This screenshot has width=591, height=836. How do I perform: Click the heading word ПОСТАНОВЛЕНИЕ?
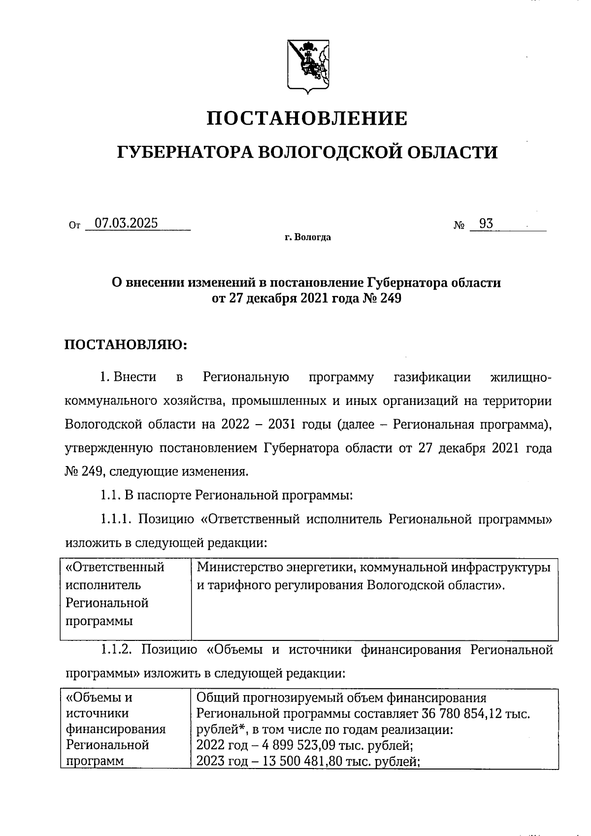coord(306,119)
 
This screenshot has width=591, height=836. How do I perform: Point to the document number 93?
coord(486,224)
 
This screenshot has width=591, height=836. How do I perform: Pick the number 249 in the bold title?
coord(390,298)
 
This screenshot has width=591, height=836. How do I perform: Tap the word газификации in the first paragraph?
coord(432,377)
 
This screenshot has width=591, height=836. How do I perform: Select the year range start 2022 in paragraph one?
coord(238,425)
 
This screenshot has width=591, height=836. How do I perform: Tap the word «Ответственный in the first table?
coord(115,567)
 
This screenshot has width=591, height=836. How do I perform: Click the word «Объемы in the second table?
coord(94,698)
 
